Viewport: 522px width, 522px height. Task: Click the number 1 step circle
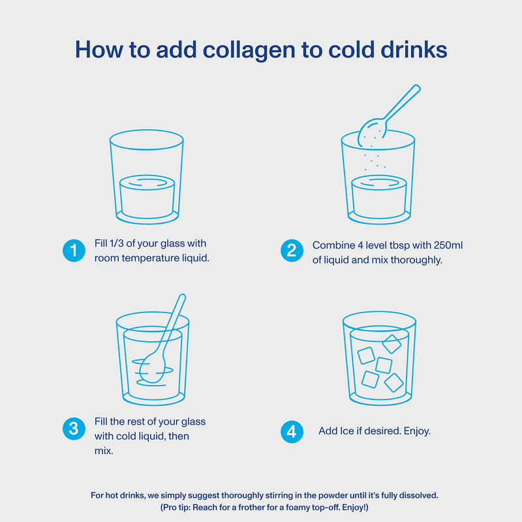click(74, 251)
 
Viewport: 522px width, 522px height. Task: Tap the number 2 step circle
click(292, 251)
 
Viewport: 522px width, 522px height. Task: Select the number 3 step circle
click(74, 429)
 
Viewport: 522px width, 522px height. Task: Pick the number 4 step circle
click(292, 432)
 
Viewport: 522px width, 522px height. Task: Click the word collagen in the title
click(249, 51)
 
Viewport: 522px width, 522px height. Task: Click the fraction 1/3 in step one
click(116, 243)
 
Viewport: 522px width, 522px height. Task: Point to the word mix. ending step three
click(104, 451)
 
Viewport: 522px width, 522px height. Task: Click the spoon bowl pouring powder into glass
click(372, 132)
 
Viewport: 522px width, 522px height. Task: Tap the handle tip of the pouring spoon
click(416, 88)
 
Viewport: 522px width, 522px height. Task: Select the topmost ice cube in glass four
click(392, 344)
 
